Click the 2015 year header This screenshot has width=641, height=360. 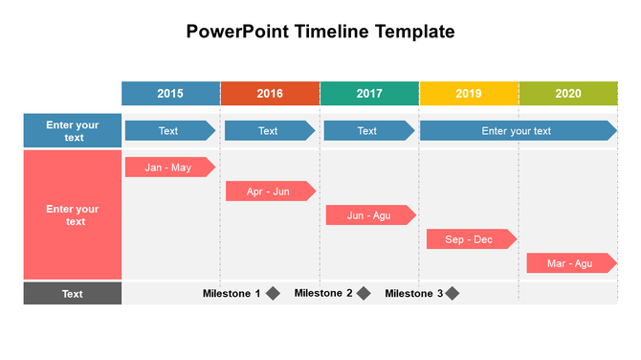(x=170, y=94)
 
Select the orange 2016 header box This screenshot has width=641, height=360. (x=270, y=94)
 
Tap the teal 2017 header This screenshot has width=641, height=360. (x=369, y=94)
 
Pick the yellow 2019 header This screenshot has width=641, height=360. (x=469, y=94)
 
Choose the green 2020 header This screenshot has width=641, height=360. (x=568, y=94)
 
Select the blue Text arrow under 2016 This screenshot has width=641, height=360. (x=269, y=131)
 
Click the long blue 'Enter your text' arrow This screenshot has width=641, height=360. (x=517, y=131)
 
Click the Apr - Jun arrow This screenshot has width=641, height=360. (x=270, y=191)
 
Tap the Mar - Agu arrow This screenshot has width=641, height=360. (x=570, y=263)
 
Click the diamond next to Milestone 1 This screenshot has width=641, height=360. (x=273, y=294)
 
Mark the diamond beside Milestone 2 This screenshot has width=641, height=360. (x=364, y=294)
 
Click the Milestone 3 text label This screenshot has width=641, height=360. (x=413, y=294)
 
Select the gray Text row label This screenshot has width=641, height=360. (x=73, y=294)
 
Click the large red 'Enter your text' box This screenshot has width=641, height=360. (x=73, y=215)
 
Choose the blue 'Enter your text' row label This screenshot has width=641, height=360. (x=73, y=131)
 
